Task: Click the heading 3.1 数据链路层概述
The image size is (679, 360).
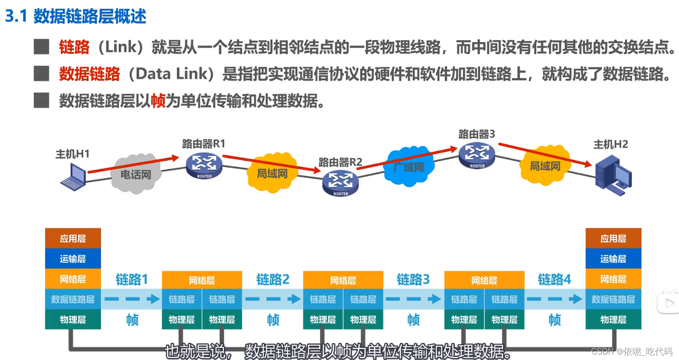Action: tap(76, 16)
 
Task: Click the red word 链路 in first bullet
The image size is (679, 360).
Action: tap(74, 47)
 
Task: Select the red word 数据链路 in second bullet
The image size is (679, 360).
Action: tap(89, 74)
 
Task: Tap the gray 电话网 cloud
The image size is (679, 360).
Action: tap(136, 174)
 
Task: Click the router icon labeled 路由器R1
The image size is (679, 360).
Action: tap(204, 165)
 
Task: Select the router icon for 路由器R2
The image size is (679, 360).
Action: tap(340, 183)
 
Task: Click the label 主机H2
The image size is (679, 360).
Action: tap(610, 144)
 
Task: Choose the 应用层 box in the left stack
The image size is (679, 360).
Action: tap(73, 239)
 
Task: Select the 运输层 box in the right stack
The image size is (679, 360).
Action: tap(613, 259)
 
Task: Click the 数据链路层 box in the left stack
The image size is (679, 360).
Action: tap(73, 299)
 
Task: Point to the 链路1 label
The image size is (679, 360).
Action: tap(132, 280)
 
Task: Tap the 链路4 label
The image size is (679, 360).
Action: tap(554, 280)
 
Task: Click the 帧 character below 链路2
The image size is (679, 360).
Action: tap(273, 320)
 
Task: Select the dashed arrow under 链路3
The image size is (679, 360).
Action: tap(413, 299)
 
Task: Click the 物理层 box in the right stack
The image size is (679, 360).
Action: tap(613, 320)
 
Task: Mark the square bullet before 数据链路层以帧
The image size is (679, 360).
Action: tap(42, 101)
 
